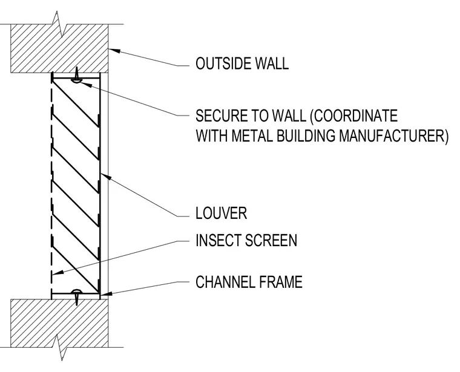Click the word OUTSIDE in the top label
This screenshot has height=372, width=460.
pyautogui.click(x=222, y=64)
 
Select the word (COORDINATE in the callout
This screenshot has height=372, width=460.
pyautogui.click(x=354, y=116)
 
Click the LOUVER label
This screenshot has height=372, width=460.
pyautogui.click(x=221, y=213)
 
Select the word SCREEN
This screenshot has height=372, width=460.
pyautogui.click(x=271, y=240)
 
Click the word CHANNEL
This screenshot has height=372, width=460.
pyautogui.click(x=225, y=282)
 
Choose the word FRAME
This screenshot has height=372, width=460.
pyautogui.click(x=281, y=282)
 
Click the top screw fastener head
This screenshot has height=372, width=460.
pyautogui.click(x=77, y=80)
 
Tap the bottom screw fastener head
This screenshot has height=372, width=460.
pyautogui.click(x=77, y=291)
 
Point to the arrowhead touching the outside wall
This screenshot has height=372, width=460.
pyautogui.click(x=115, y=50)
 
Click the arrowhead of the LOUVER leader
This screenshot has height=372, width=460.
pyautogui.click(x=105, y=177)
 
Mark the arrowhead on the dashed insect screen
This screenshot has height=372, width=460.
pyautogui.click(x=57, y=273)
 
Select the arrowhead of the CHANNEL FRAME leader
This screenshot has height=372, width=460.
pyautogui.click(x=105, y=293)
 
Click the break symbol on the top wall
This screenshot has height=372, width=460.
pyautogui.click(x=59, y=25)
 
